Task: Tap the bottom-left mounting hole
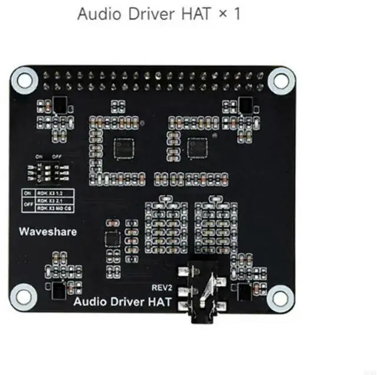pos(23,293)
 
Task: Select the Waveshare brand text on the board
pos(48,232)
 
